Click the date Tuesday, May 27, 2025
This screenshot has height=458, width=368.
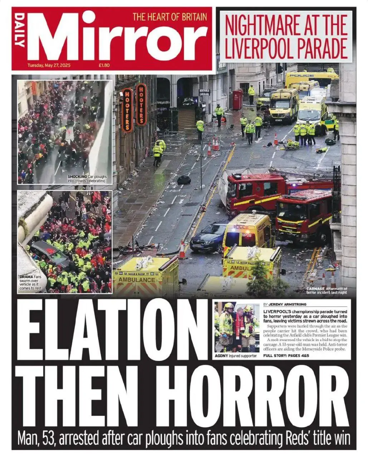[x=49, y=65]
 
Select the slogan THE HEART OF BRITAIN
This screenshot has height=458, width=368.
[x=170, y=16]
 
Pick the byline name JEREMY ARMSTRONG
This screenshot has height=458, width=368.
[x=290, y=304]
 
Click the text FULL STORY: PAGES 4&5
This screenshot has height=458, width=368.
[x=286, y=356]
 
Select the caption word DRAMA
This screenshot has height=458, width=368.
[x=26, y=277]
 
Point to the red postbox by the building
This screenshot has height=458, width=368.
[x=237, y=99]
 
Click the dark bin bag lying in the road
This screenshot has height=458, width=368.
[x=184, y=180]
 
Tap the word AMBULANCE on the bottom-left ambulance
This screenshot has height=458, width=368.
[x=137, y=279]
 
